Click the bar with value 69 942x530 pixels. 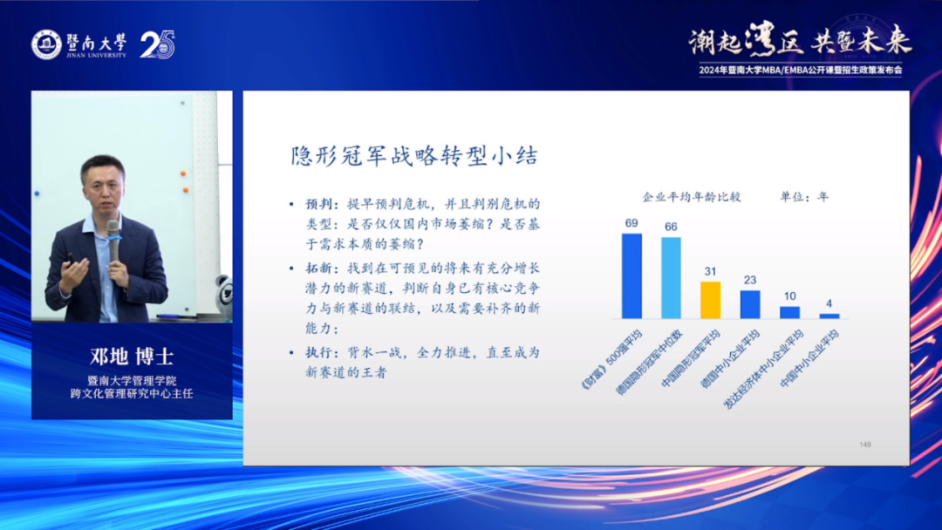631,276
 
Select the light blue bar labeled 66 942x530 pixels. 671,278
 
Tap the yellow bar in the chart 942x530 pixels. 711,300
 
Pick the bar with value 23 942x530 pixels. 750,304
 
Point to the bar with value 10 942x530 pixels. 789,312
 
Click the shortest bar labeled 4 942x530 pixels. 829,316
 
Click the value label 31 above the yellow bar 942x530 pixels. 711,271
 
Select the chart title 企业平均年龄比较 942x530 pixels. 692,197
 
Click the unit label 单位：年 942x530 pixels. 804,197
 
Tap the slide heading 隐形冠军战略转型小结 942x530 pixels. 414,155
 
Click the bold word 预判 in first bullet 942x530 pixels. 318,204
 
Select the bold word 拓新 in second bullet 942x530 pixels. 318,268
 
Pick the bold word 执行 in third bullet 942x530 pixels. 318,352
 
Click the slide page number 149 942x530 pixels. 865,445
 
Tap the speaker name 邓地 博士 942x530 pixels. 133,357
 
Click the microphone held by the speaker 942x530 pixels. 113,240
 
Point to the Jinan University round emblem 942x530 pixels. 47,44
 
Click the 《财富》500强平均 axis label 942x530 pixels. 611,359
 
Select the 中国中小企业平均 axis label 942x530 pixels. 809,359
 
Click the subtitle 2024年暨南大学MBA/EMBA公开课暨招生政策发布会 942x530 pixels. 800,71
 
